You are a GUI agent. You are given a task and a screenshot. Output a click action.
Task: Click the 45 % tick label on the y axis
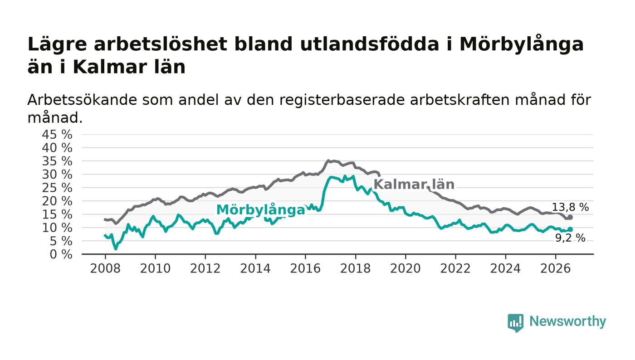[57, 134]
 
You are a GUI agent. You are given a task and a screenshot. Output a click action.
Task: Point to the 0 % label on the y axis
[61, 254]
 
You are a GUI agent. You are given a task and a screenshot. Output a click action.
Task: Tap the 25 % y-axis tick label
[57, 188]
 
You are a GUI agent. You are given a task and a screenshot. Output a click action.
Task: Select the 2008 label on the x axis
[105, 268]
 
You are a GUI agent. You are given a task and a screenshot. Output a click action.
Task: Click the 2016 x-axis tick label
[305, 268]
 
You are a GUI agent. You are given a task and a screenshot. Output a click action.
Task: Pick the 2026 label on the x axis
[555, 268]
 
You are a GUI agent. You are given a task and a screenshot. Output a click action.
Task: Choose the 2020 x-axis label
[405, 268]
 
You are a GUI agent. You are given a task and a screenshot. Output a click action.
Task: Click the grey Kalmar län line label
[414, 184]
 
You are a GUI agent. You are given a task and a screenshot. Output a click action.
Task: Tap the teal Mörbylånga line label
[260, 210]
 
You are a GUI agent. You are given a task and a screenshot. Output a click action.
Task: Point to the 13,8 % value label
[571, 207]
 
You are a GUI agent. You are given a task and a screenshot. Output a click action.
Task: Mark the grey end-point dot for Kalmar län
[571, 217]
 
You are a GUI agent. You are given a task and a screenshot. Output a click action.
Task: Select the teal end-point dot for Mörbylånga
[571, 229]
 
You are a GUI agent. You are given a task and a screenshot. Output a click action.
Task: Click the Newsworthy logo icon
[516, 322]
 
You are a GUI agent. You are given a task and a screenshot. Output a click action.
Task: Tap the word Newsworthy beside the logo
[567, 321]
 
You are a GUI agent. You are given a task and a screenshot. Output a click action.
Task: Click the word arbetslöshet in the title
[161, 44]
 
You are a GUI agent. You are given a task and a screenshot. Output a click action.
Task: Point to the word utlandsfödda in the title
[369, 44]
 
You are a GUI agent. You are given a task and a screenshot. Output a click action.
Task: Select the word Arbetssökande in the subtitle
[82, 100]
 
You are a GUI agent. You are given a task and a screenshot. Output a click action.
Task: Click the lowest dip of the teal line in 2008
[115, 249]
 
